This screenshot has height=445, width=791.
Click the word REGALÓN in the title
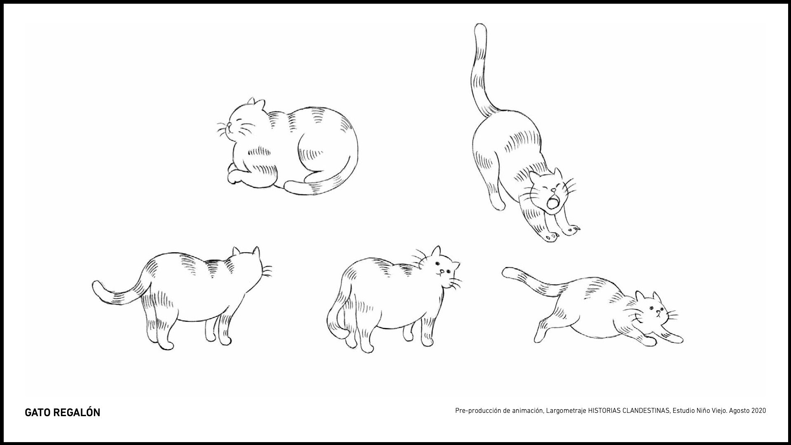coord(77,412)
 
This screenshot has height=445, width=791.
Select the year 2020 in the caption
coord(759,411)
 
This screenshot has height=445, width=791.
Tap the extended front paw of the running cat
coord(672,337)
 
